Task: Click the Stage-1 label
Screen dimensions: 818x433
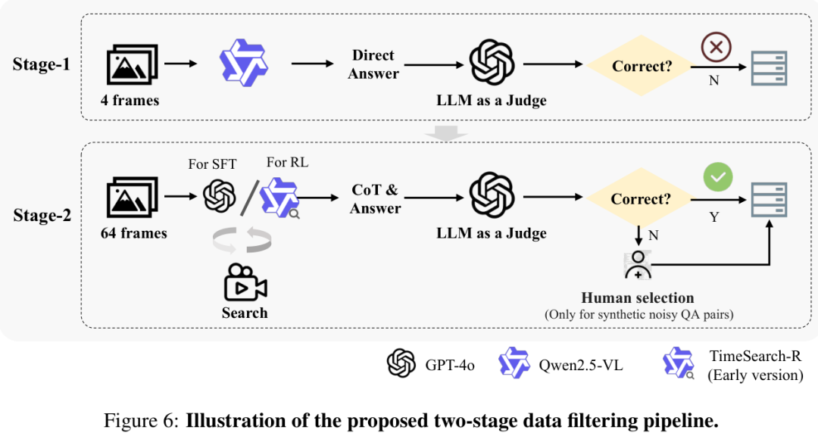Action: [x=41, y=64]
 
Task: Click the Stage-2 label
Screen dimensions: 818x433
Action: [x=42, y=215]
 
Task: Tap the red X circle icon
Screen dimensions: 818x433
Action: [x=716, y=47]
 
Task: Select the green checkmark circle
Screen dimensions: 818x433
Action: [x=718, y=177]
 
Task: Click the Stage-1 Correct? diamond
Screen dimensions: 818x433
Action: [x=641, y=66]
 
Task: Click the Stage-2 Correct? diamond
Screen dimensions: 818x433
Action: [x=641, y=198]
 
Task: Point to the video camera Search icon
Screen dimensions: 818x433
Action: [x=245, y=282]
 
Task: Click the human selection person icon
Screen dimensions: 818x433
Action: [x=638, y=265]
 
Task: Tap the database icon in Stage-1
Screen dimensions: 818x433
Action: [x=769, y=68]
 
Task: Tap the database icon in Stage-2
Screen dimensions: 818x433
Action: [x=769, y=200]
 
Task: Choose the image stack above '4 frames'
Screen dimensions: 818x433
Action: [x=132, y=64]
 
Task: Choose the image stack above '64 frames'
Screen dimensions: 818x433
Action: [x=132, y=197]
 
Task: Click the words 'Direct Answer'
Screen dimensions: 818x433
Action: [x=373, y=64]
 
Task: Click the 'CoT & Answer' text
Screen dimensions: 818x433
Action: [x=375, y=199]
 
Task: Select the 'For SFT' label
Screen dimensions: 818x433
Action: [x=212, y=164]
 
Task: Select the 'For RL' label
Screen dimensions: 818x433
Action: [x=288, y=162]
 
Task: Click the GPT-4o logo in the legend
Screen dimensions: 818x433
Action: [x=401, y=363]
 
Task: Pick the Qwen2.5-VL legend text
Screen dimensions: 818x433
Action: [x=581, y=365]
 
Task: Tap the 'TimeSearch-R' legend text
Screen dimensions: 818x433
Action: [x=755, y=356]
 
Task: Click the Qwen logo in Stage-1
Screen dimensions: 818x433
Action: [x=244, y=62]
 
